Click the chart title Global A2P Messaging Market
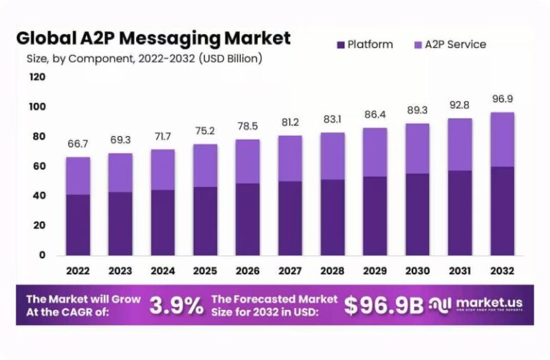coord(153,37)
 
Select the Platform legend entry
coord(364,44)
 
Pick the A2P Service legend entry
coord(448,44)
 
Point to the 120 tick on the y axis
coord(37,77)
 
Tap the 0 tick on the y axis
coord(42,255)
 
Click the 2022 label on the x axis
coord(78,271)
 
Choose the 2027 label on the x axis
coord(289,271)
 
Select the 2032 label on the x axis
coord(501,271)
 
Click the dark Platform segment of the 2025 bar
coord(205,221)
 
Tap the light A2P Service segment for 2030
coord(417,149)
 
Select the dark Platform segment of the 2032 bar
coord(501,211)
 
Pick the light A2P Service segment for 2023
coord(120,172)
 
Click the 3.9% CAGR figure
coord(176,306)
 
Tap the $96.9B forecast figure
coord(383,306)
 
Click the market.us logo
coord(476,304)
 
